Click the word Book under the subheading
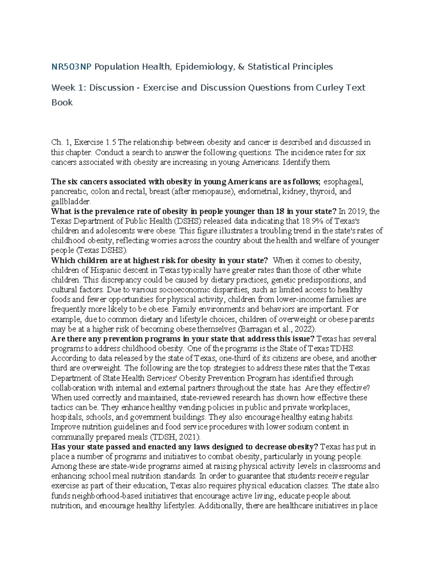[x=62, y=103]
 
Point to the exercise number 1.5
[x=111, y=142]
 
